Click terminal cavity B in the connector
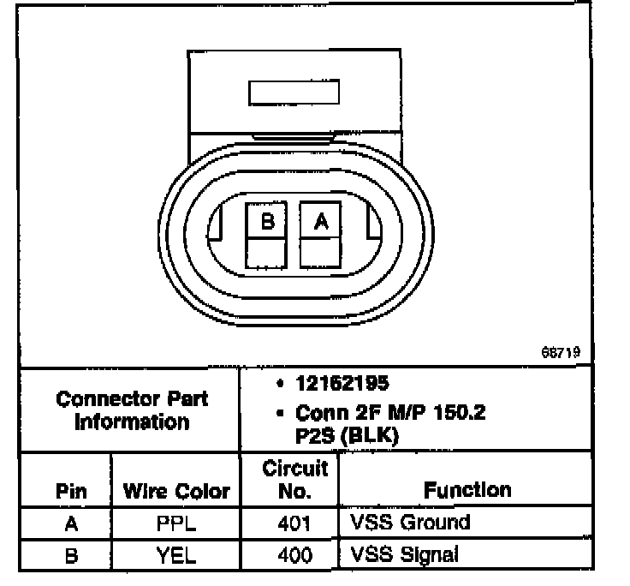coord(268,221)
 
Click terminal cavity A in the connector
coord(321,221)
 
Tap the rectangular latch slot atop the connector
coord(293,93)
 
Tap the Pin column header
coord(71,491)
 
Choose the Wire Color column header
coord(176,491)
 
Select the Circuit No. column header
coord(294,479)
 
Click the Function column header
coord(467,489)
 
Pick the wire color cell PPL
coord(176,523)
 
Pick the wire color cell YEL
coord(176,555)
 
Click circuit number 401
coord(294,523)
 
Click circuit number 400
coord(294,555)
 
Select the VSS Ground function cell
coord(410,522)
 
